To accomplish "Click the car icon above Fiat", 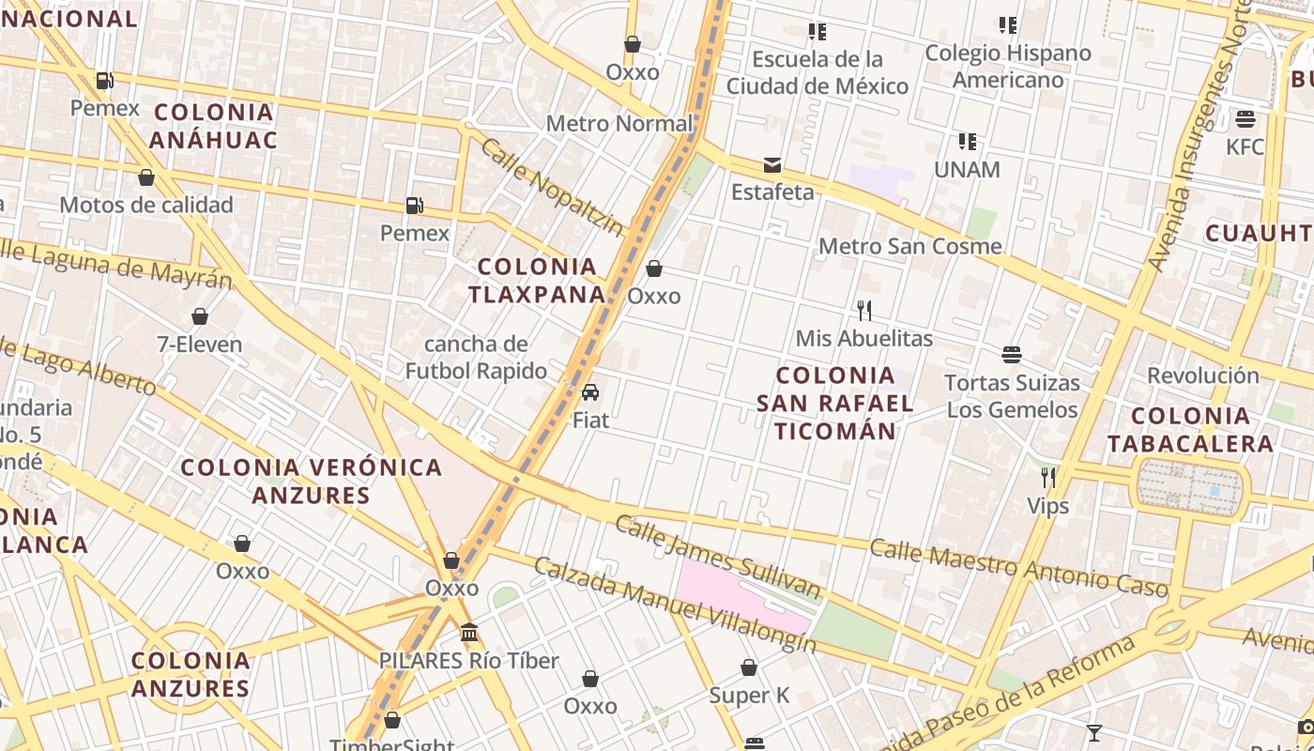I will (590, 392).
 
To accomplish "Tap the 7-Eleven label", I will (199, 345).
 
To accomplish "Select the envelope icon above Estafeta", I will (772, 166).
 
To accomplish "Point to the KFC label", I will (1245, 146).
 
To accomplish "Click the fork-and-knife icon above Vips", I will (1048, 478).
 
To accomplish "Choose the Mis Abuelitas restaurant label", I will (864, 338).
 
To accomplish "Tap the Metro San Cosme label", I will (910, 246).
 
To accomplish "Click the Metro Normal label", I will (619, 123).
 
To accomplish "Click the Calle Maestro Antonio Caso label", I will (1019, 567).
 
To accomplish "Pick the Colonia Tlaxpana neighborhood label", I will (537, 281).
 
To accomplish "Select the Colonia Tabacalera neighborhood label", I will (1190, 429).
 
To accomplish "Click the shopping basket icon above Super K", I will (749, 667).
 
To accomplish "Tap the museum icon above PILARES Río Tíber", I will (469, 633).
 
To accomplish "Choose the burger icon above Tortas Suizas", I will (1012, 355).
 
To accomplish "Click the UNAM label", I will (967, 170).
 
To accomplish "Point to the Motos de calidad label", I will (146, 205).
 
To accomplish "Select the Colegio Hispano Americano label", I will (1008, 66).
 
